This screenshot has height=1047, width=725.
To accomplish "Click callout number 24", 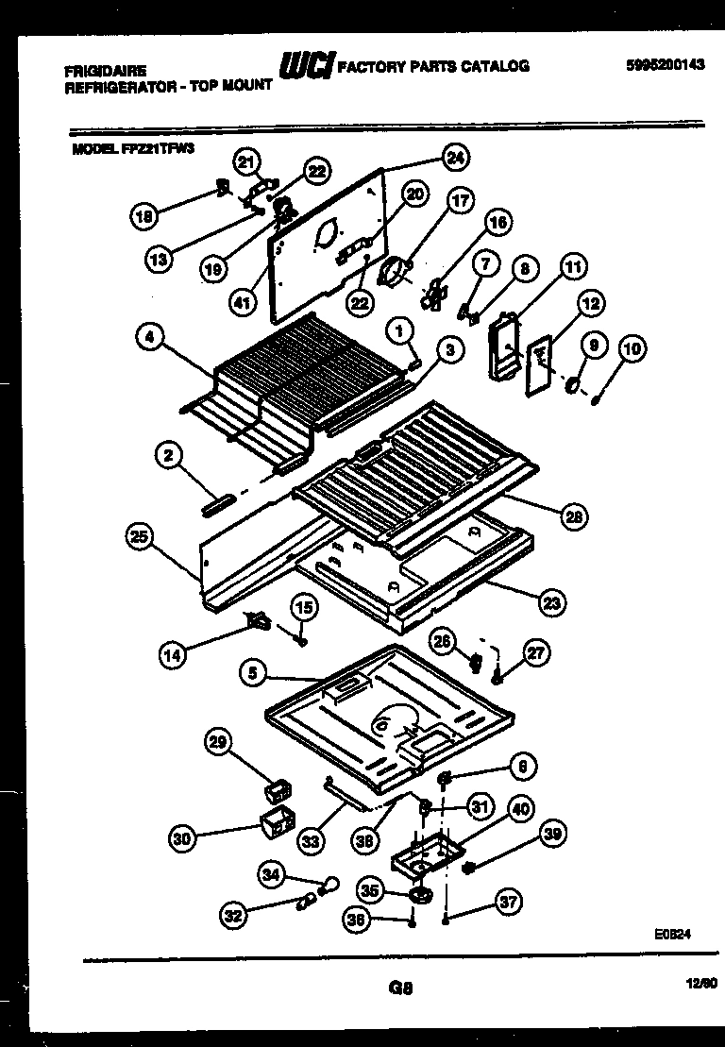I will [456, 158].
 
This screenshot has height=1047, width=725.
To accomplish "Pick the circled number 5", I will [250, 674].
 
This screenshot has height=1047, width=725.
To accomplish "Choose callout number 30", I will [182, 836].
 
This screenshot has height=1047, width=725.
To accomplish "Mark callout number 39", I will [553, 833].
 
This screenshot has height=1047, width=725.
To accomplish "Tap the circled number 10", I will [632, 349].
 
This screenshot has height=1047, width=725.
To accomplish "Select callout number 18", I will [143, 215].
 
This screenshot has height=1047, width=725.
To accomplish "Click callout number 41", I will [244, 302].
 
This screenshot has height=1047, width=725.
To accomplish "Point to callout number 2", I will [168, 456].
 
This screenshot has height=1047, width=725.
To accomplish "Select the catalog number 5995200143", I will [665, 65].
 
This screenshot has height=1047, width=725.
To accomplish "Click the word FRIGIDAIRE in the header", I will [105, 70].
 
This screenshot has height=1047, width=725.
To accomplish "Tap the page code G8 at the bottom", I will [400, 988].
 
